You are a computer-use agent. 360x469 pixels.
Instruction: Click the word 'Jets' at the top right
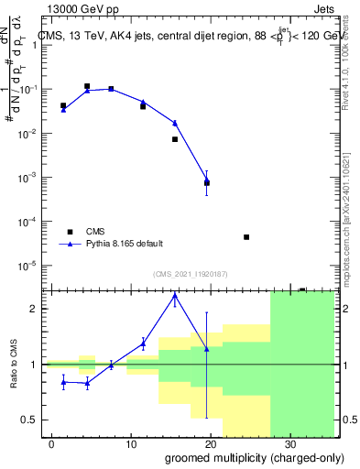(x=322, y=9)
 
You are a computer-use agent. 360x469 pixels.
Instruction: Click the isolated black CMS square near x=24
(x=246, y=237)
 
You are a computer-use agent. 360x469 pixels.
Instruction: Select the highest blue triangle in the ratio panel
(x=175, y=296)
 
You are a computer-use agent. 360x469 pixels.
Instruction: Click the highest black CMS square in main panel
(x=87, y=86)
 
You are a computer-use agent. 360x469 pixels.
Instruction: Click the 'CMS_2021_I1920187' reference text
(x=191, y=274)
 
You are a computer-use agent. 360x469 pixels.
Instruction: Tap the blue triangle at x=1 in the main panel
(x=63, y=109)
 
